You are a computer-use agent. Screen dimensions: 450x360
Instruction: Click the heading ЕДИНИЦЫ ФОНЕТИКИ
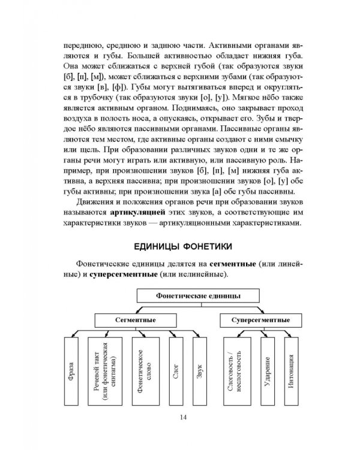(182, 247)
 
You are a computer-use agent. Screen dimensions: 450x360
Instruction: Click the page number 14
(182, 418)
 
